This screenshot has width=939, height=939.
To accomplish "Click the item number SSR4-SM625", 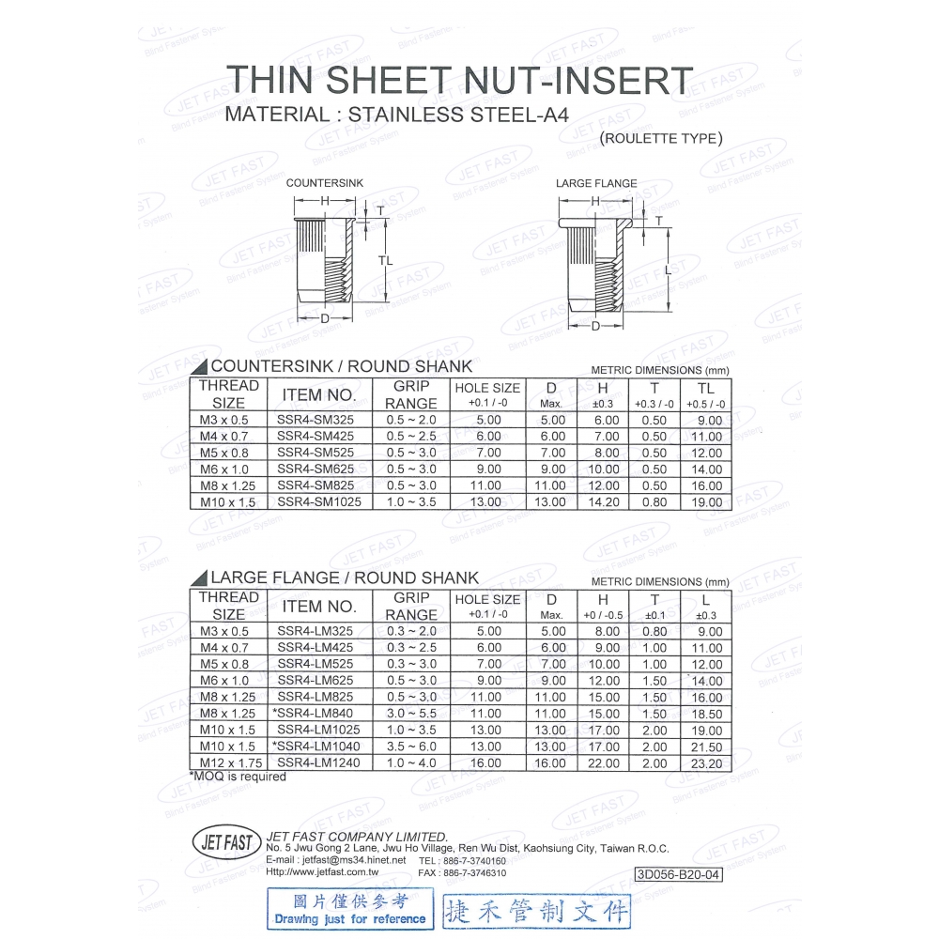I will click(x=316, y=469).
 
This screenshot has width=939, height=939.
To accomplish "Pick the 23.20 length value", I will click(x=705, y=762).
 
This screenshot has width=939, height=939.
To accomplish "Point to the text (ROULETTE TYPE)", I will click(x=661, y=138).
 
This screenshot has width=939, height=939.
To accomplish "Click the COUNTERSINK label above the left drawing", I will click(x=324, y=183).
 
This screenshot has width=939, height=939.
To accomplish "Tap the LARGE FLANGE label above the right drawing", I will click(x=596, y=183).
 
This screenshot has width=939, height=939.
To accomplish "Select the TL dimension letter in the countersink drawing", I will click(x=385, y=260).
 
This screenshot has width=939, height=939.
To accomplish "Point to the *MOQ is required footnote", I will click(x=238, y=777).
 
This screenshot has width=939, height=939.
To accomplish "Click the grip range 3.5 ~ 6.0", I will click(x=411, y=747).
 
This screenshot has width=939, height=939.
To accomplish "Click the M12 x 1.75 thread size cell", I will click(x=228, y=762).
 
